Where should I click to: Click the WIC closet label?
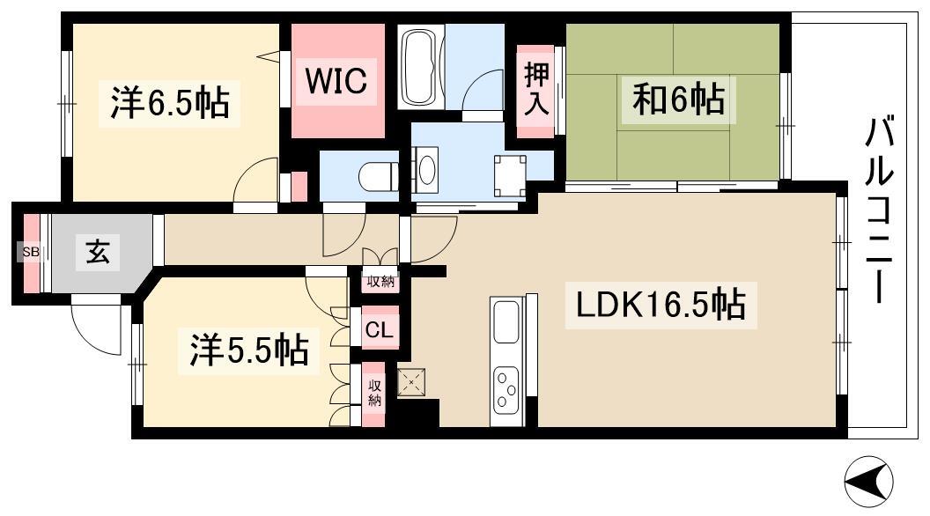(336, 82)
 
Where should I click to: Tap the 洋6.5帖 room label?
(169, 103)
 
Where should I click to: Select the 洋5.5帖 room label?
(249, 350)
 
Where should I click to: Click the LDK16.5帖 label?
(661, 306)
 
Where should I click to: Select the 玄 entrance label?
(98, 253)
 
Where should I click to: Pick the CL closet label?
(380, 331)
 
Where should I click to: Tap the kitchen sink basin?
(506, 322)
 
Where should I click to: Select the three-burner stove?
(506, 387)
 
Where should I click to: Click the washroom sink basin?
(425, 168)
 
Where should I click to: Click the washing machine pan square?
(510, 174)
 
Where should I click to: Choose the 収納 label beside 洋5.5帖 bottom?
(375, 394)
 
